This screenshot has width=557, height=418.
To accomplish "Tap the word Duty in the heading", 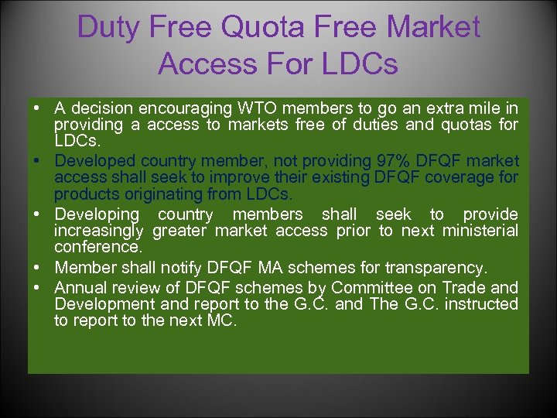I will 109,28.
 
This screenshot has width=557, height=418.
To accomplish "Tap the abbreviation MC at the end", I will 221,320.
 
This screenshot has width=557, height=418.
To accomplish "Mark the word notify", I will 180,268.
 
